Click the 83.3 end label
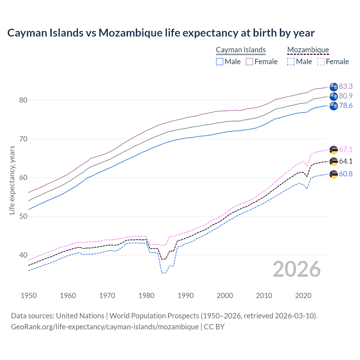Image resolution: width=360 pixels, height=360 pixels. click(x=346, y=86)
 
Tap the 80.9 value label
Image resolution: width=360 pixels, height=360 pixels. click(x=346, y=96)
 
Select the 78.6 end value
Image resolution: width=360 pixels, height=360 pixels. click(x=346, y=105)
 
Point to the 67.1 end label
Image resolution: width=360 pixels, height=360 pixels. click(x=346, y=149)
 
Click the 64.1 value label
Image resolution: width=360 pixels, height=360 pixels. click(x=346, y=161)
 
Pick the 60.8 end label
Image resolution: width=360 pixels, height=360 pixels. click(x=346, y=174)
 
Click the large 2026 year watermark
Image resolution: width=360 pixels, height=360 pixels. click(x=297, y=269)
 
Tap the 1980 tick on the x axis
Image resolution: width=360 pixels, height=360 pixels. click(x=147, y=296)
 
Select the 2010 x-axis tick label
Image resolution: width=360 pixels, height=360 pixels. click(x=264, y=296)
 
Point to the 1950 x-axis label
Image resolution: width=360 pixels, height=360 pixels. click(x=29, y=296)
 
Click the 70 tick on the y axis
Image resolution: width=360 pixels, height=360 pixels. click(x=23, y=139)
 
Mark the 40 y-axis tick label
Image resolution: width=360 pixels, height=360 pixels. click(x=23, y=255)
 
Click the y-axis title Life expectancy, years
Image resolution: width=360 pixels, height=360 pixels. click(x=12, y=180)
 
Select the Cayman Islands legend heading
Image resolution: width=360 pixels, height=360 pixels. click(x=241, y=50)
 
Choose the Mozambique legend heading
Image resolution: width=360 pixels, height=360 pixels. click(x=308, y=50)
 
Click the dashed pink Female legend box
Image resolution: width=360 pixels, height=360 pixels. click(x=321, y=62)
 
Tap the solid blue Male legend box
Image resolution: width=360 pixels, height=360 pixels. click(x=220, y=62)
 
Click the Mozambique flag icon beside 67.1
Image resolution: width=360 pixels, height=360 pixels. click(x=334, y=150)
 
